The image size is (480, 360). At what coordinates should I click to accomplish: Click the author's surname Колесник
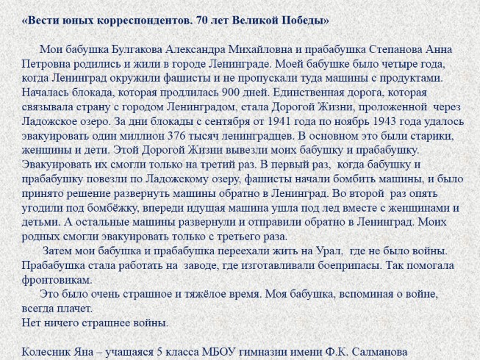click(49, 351)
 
